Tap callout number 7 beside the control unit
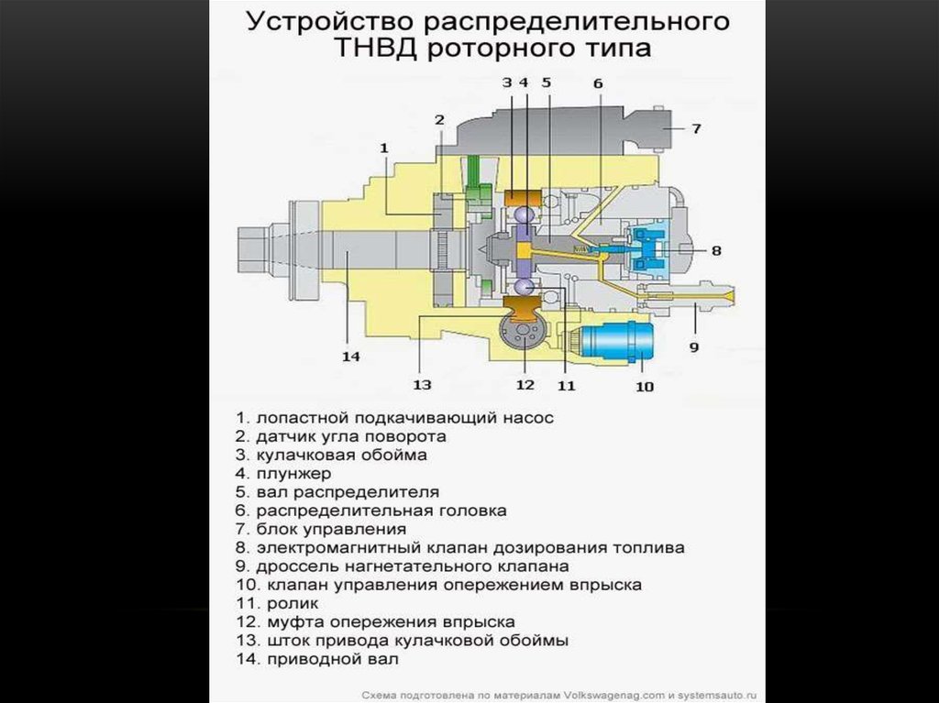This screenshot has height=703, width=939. coord(696,128)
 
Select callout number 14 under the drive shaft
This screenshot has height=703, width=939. coord(351,357)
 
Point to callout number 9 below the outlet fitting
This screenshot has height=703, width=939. coord(694,346)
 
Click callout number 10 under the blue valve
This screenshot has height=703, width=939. coord(645,387)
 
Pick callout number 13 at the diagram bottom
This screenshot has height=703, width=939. coord(422,384)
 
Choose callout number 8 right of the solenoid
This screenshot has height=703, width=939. coord(716,250)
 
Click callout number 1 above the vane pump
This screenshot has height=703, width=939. coord(384,148)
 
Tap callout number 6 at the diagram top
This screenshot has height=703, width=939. coord(598,83)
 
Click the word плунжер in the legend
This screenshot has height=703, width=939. coord(293,474)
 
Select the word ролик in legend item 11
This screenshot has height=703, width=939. coord(293,604)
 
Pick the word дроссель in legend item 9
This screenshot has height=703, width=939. coord(293,566)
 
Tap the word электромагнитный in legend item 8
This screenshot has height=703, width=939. coord(339,548)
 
